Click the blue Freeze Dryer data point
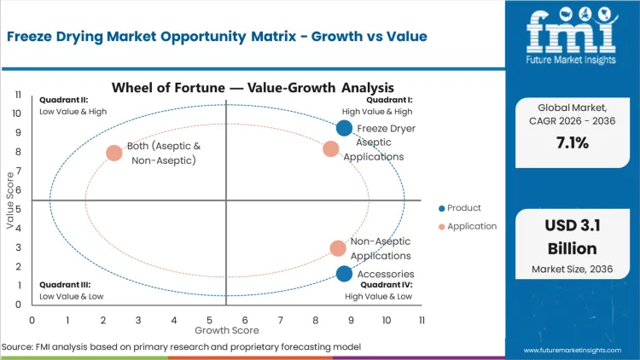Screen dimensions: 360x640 [x=344, y=128]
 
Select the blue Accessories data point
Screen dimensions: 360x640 [x=344, y=274]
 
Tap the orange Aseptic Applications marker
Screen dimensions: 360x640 [x=331, y=149]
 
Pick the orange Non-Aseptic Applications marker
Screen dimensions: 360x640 [x=338, y=248]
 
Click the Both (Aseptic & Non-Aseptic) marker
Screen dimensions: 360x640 [x=114, y=154]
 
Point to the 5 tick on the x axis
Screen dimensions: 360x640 [x=209, y=319]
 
